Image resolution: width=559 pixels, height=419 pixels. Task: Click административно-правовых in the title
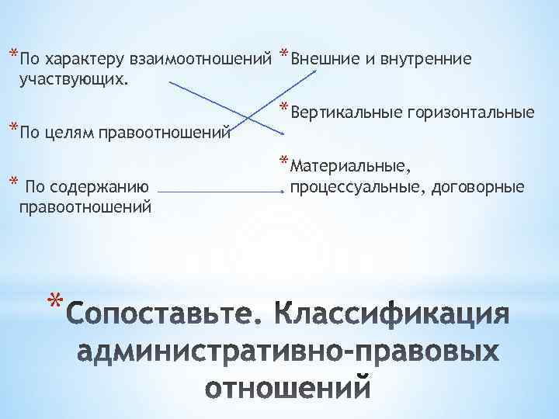[287, 351]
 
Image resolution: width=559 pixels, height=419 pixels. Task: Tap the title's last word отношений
[288, 386]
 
